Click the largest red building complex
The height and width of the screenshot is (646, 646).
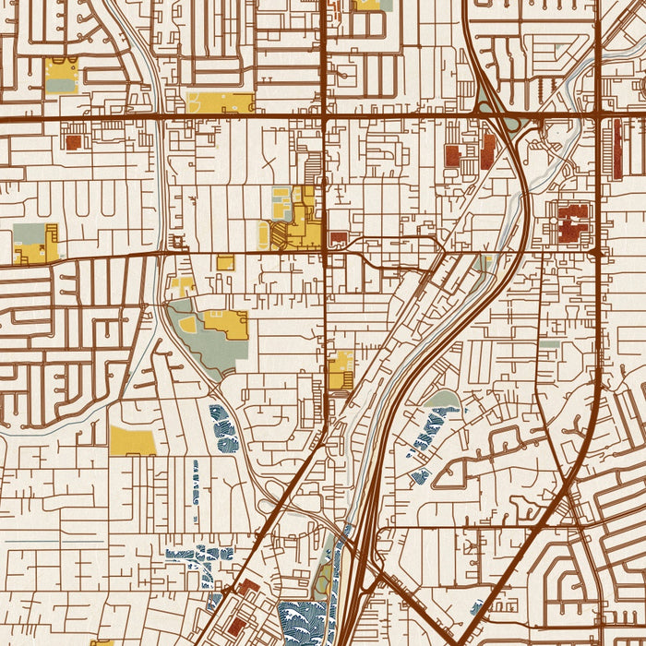pyautogui.click(x=573, y=223)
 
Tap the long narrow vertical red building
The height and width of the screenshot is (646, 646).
pyautogui.click(x=616, y=150)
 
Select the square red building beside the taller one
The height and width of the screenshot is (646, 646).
pyautogui.click(x=453, y=155)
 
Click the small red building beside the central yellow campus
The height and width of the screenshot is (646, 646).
pyautogui.click(x=339, y=239)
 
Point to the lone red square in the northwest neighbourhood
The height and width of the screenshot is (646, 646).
pyautogui.click(x=73, y=141)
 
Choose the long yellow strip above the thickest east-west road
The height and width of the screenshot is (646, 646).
pyautogui.click(x=220, y=102)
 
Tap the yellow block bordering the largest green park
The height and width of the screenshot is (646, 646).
pyautogui.click(x=227, y=323)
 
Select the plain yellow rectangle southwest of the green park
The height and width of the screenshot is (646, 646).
pyautogui.click(x=132, y=440)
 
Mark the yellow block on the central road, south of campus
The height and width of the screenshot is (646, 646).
pyautogui.click(x=341, y=370)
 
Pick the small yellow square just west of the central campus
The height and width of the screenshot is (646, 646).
pyautogui.click(x=225, y=262)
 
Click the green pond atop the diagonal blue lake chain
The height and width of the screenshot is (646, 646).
pyautogui.click(x=445, y=400)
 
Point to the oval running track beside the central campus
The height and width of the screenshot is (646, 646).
pyautogui.click(x=264, y=236)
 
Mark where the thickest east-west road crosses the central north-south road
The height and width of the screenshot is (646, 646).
pyautogui.click(x=325, y=118)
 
